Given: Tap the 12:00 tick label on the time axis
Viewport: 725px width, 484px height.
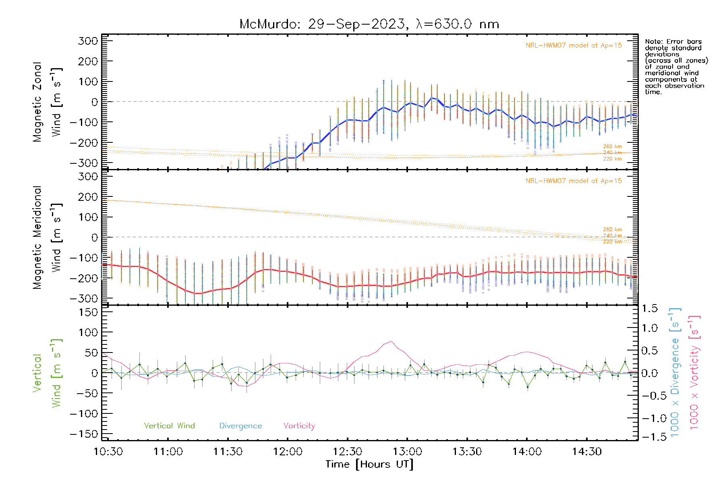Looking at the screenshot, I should (288, 452).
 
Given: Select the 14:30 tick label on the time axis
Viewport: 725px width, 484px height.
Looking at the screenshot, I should (587, 452).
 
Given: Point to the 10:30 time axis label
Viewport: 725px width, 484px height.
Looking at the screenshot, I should (108, 452).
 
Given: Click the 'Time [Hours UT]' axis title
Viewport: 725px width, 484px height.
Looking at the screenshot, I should (369, 464).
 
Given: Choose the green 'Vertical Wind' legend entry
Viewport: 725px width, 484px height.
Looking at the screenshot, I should (169, 426).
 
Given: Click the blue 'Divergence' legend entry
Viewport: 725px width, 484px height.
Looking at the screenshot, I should (240, 426).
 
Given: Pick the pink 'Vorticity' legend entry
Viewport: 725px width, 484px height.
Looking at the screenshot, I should (299, 426).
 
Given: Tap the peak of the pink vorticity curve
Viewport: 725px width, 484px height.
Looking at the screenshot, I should (391, 342).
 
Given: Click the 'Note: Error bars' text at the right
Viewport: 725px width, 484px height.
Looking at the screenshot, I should (673, 42).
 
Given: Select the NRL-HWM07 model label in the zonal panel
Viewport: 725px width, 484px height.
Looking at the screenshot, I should (574, 46).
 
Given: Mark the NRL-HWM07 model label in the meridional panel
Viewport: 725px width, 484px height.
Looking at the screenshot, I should (574, 181).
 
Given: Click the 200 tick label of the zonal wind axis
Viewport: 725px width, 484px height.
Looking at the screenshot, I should (88, 61).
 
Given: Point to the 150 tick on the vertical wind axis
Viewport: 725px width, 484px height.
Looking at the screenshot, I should (88, 312).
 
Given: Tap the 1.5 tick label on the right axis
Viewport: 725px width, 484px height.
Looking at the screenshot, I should (650, 309).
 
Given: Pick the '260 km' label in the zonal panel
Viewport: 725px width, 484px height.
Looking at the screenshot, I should (612, 146).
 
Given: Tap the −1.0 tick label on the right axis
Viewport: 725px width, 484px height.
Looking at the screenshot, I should (650, 418).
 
